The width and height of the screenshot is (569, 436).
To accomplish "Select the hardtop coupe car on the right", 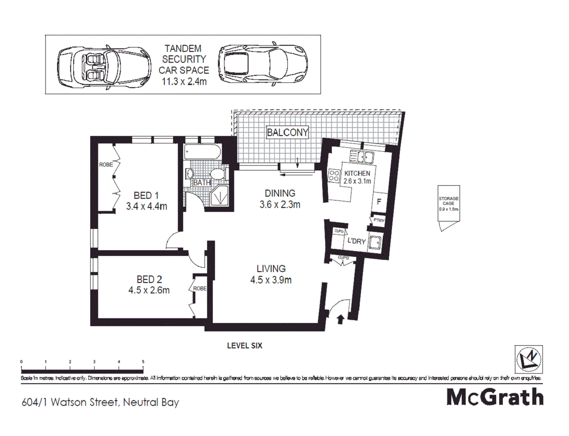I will point(262,63).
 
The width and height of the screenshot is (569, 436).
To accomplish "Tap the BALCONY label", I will point(287,133).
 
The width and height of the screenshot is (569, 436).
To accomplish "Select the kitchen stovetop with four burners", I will point(334,176).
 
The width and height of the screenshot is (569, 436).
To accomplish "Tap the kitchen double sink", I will point(362,156).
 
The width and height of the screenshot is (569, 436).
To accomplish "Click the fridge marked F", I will point(379,202).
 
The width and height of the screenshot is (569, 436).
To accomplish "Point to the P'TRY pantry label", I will point(378,221).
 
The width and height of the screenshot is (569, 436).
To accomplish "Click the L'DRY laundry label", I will point(356,241).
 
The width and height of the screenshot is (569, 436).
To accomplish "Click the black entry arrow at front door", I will point(341,320).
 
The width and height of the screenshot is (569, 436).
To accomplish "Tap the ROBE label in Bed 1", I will point(106,165).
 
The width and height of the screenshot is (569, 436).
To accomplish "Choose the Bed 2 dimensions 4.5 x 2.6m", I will point(149,290).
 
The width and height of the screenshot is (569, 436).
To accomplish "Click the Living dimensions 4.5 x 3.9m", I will point(271,280).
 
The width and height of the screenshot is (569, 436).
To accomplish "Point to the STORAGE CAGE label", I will point(448,201).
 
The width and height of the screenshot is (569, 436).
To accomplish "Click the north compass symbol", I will point(528,359).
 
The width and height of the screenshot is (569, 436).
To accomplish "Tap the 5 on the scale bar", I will point(143,362).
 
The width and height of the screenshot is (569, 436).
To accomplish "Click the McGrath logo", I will point(495,397).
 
